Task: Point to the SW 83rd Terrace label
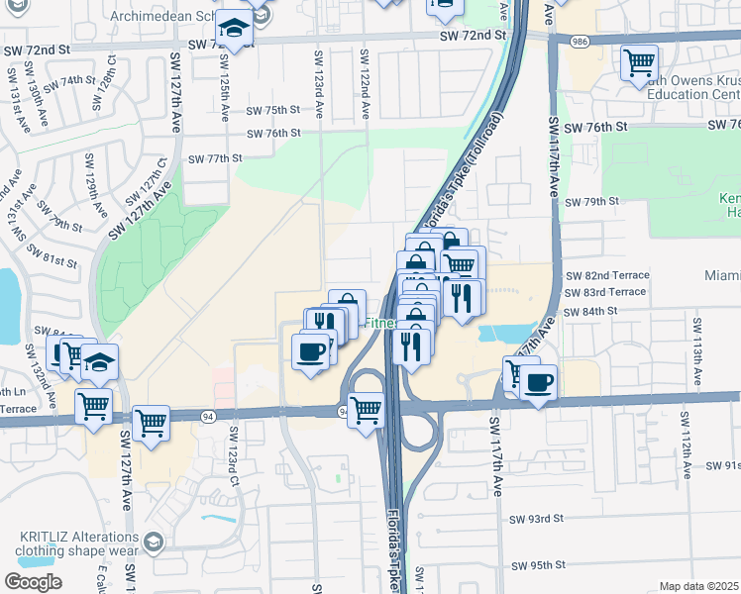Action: click(604, 292)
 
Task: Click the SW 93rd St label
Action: click(536, 518)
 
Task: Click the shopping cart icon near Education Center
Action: click(639, 63)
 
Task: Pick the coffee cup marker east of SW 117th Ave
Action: click(538, 383)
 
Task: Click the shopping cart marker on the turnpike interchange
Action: click(367, 408)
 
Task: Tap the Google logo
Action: click(33, 581)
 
